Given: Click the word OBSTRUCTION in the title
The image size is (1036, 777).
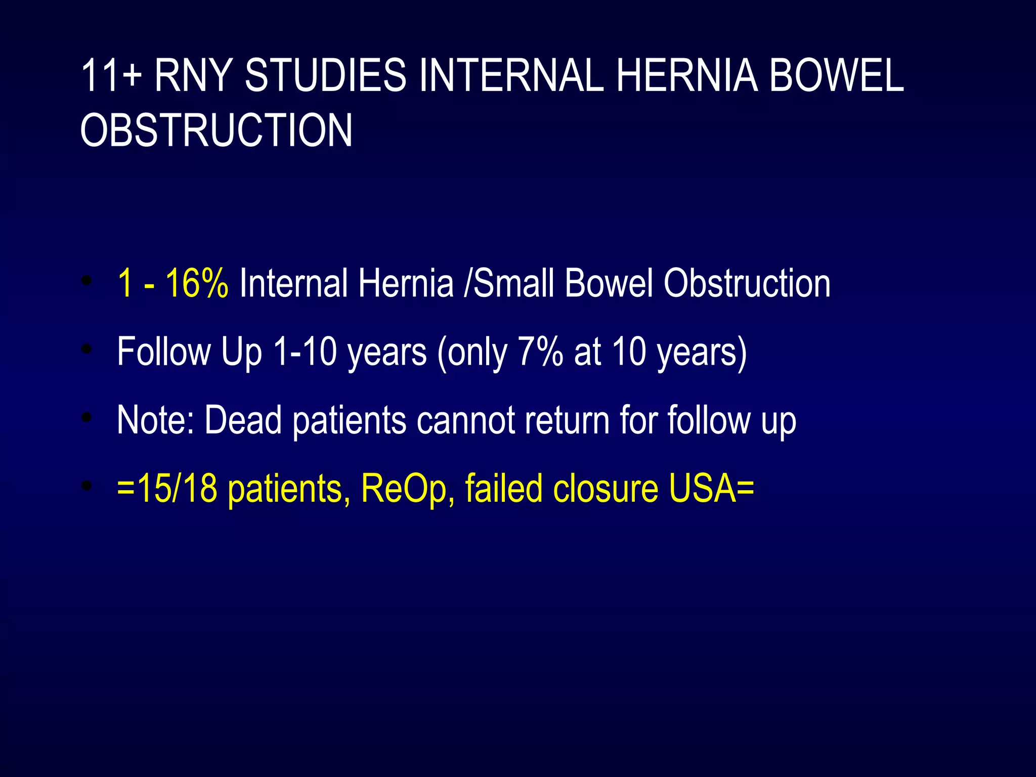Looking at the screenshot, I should click(x=216, y=131).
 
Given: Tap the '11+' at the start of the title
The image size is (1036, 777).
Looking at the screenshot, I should click(x=111, y=76).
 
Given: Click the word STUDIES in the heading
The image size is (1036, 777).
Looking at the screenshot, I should click(x=325, y=76).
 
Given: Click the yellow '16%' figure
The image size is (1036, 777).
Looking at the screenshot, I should click(x=197, y=283).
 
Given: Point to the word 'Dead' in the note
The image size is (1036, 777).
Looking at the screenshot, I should click(x=243, y=420).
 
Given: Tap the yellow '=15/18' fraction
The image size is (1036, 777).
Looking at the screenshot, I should click(x=167, y=488).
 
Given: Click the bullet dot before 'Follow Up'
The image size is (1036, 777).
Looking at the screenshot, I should click(x=88, y=349).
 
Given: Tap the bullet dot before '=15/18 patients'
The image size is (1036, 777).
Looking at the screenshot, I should click(x=88, y=486).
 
